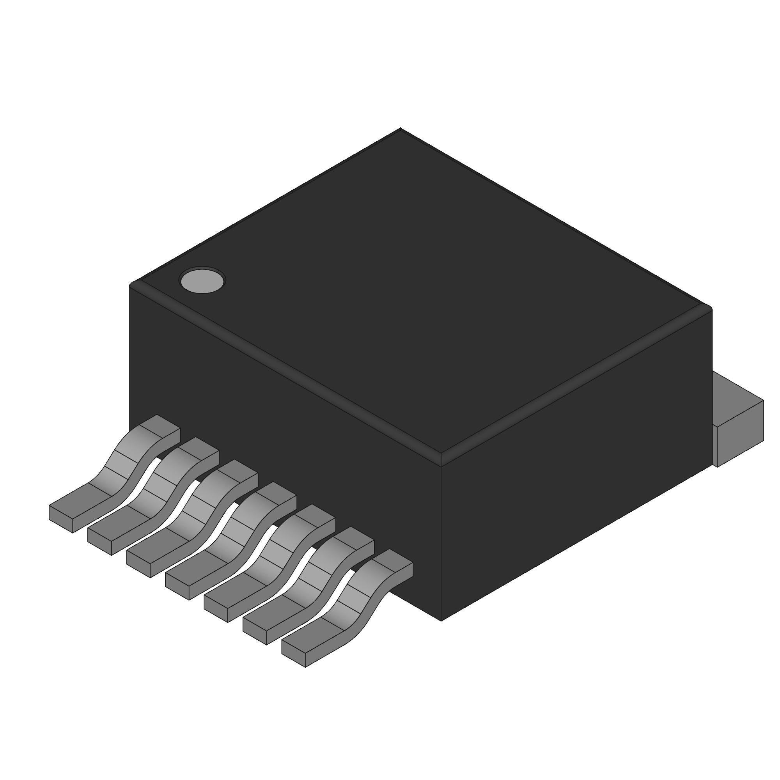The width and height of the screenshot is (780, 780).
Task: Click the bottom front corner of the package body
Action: [441, 620]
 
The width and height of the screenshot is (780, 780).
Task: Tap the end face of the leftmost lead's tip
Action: [60, 519]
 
